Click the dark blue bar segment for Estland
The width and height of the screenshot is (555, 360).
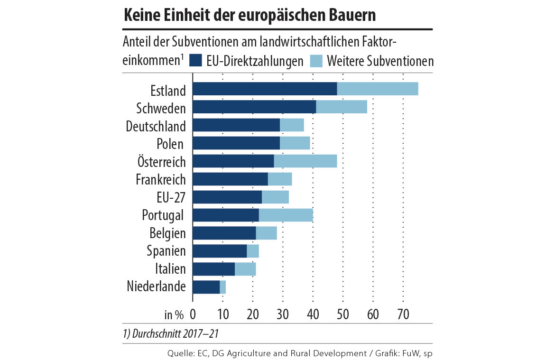tap(265, 89)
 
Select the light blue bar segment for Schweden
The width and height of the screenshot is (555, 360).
tap(342, 107)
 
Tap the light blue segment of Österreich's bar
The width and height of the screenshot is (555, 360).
tap(305, 161)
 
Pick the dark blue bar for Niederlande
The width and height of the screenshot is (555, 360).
tap(206, 287)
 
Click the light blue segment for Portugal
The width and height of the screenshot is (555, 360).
tap(286, 215)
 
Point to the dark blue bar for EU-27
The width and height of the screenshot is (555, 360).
tap(227, 197)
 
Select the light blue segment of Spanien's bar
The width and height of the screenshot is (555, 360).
tap(253, 251)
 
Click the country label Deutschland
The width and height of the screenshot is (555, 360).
tap(156, 126)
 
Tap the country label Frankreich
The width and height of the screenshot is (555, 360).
tap(160, 180)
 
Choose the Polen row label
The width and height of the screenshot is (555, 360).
tap(170, 144)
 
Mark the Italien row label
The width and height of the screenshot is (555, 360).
tap(170, 269)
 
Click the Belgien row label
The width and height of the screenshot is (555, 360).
tap(167, 233)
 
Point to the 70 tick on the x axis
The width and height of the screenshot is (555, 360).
tap(403, 314)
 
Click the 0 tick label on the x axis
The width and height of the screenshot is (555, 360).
tap(193, 314)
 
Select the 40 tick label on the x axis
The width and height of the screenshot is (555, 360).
tap(313, 314)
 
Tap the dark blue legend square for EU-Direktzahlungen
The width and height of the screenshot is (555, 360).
tap(195, 61)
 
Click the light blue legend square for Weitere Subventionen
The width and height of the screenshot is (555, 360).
tap(316, 61)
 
